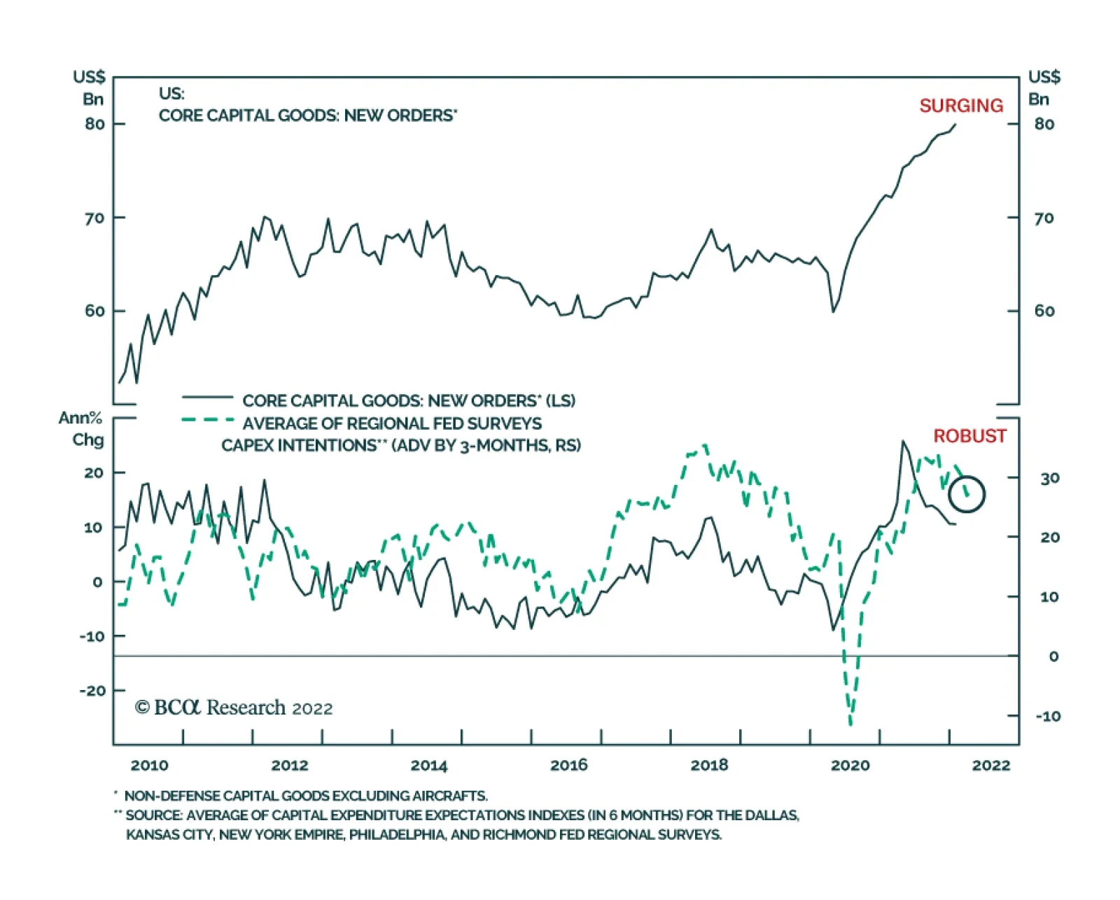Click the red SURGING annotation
click(960, 106)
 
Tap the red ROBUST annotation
click(969, 436)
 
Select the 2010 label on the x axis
click(149, 765)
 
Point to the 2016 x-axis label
click(569, 765)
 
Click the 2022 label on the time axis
click(991, 765)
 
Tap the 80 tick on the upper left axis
click(94, 124)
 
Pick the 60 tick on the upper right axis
click(1044, 311)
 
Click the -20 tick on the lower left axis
click(92, 691)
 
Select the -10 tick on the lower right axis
click(1048, 716)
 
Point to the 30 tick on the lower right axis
click(1050, 478)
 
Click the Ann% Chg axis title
click(81, 429)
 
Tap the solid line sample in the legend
click(208, 398)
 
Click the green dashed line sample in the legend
click(208, 419)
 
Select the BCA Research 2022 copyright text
click(234, 708)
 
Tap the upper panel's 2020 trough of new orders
click(833, 312)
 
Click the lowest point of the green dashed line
click(851, 724)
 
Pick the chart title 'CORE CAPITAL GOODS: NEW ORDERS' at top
click(307, 115)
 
